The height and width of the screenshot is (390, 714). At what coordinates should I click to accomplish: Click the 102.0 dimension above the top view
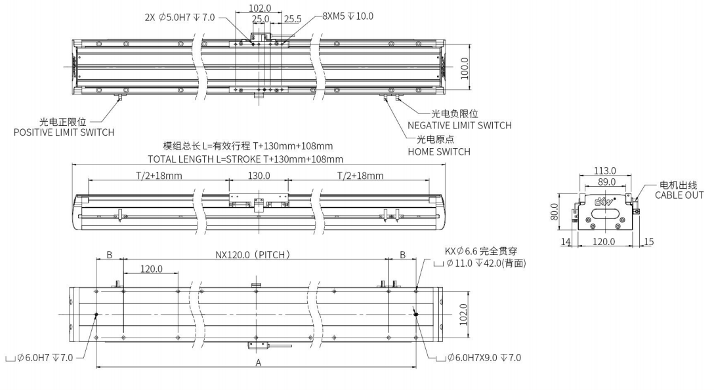[x=261, y=9]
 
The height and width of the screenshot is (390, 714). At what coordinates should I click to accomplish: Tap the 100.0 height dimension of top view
[x=465, y=68]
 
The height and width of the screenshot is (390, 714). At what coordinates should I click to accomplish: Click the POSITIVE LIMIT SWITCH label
[x=64, y=132]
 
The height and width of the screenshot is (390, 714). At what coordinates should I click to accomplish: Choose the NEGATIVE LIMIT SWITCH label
[x=459, y=125]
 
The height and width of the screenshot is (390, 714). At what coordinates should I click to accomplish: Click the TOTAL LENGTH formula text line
[x=245, y=159]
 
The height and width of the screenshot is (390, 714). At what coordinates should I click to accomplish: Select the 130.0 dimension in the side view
[x=259, y=176]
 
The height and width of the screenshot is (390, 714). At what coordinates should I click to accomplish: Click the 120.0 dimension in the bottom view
[x=150, y=269]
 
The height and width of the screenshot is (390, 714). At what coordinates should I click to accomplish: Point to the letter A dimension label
[x=258, y=362]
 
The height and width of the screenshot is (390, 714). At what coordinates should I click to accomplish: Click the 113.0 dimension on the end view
[x=604, y=171]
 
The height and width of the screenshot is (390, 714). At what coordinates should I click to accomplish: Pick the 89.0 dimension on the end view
[x=604, y=182]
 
